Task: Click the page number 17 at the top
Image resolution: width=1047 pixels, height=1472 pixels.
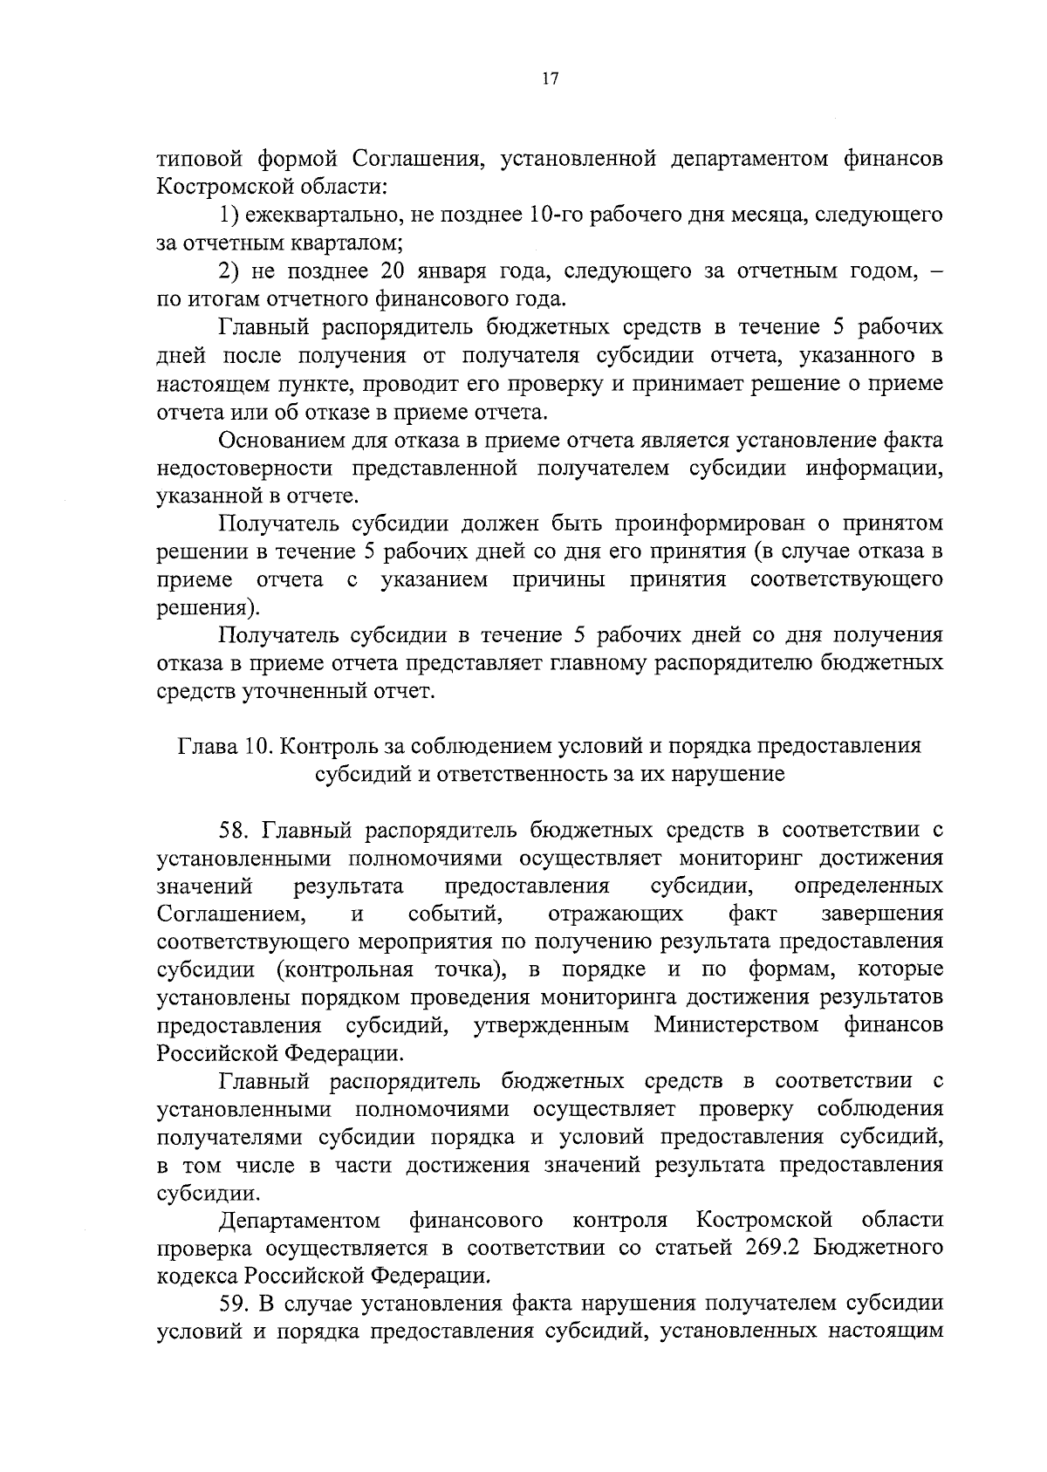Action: coord(550,79)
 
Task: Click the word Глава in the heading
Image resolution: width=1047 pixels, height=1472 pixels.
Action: coord(206,747)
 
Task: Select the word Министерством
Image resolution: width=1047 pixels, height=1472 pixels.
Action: coord(736,1024)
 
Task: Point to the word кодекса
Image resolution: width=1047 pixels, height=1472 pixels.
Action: coord(196,1276)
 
